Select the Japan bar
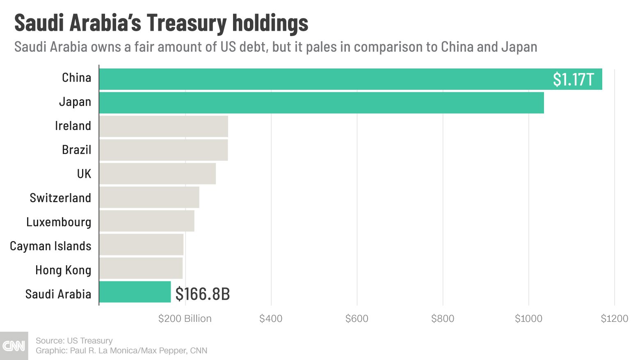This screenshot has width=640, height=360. pyautogui.click(x=322, y=103)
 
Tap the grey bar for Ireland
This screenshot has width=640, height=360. pyautogui.click(x=164, y=126)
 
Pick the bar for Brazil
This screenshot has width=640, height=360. pyautogui.click(x=164, y=150)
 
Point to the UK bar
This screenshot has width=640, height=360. pyautogui.click(x=158, y=174)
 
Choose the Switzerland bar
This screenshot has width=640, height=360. pyautogui.click(x=149, y=197)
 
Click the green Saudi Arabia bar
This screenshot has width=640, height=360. pyautogui.click(x=135, y=292)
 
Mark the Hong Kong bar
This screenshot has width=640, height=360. pyautogui.click(x=141, y=268)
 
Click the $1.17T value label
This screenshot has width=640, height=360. pyautogui.click(x=573, y=80)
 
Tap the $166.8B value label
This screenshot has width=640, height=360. pyautogui.click(x=202, y=294)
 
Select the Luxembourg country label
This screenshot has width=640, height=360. pyautogui.click(x=59, y=222)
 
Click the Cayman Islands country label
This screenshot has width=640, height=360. pyautogui.click(x=50, y=246)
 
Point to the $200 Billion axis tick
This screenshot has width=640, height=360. pyautogui.click(x=185, y=319)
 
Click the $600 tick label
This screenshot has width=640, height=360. pyautogui.click(x=357, y=319)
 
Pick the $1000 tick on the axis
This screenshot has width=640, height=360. pyautogui.click(x=528, y=319)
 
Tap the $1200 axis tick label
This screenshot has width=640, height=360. pyautogui.click(x=614, y=319)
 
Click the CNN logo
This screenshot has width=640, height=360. pyautogui.click(x=14, y=346)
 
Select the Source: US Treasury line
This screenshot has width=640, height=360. pyautogui.click(x=74, y=341)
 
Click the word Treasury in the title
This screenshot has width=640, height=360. pyautogui.click(x=186, y=23)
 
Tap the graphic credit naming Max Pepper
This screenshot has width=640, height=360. pyautogui.click(x=121, y=351)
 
